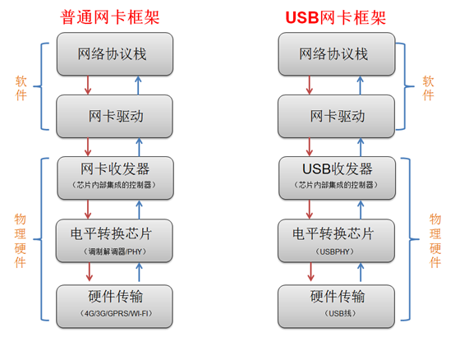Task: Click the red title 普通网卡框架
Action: click(x=114, y=16)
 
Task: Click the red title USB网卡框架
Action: click(x=335, y=16)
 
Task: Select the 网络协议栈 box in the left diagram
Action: click(x=115, y=54)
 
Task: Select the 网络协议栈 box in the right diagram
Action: click(x=337, y=54)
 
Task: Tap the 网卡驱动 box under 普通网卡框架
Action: click(x=115, y=116)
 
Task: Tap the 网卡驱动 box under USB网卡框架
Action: click(x=337, y=116)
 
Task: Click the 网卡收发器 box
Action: click(x=115, y=176)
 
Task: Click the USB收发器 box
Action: click(x=337, y=176)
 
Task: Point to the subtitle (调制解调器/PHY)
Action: click(x=115, y=252)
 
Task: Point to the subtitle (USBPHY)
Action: click(x=337, y=252)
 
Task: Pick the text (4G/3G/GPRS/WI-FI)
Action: click(x=115, y=314)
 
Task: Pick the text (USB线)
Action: click(x=337, y=314)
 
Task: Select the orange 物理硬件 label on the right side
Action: click(x=435, y=240)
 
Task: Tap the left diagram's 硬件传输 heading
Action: click(x=115, y=297)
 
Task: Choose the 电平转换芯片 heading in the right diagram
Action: click(x=337, y=234)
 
